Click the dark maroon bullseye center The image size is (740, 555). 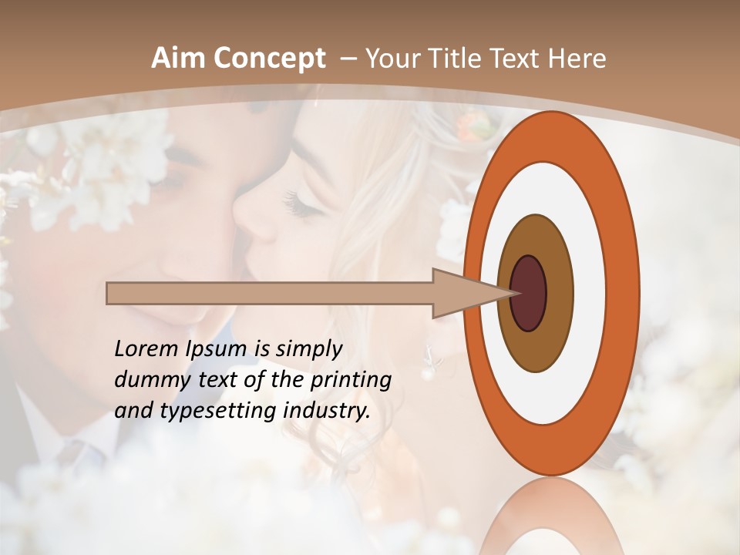(x=528, y=294)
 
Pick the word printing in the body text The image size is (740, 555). (x=351, y=381)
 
